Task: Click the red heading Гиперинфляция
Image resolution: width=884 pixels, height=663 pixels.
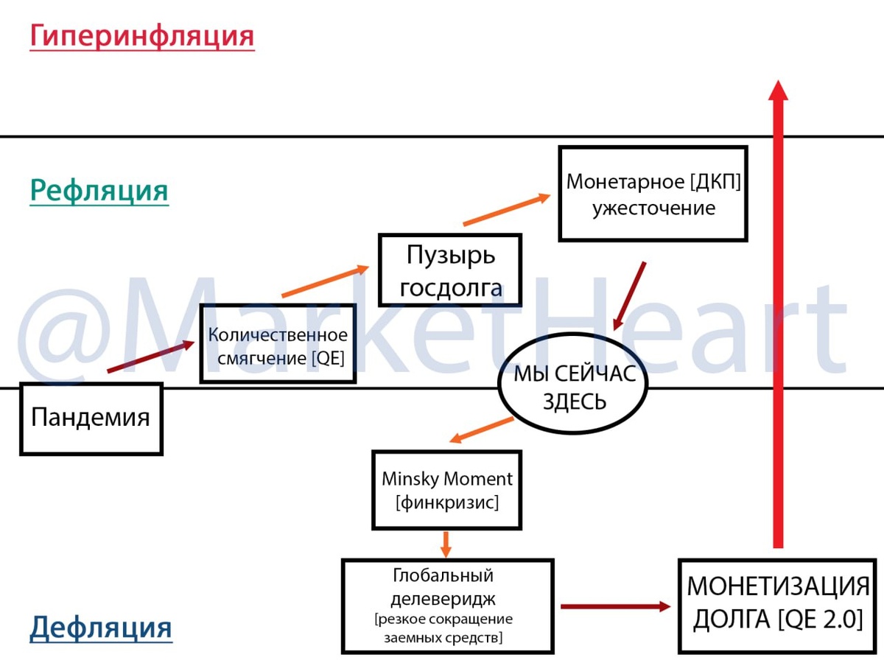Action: (141, 37)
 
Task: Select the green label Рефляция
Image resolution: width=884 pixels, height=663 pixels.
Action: (99, 191)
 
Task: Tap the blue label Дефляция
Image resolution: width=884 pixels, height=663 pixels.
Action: (101, 628)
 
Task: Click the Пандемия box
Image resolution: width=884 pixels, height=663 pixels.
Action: (91, 418)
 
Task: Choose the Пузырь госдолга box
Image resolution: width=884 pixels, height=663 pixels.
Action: (450, 270)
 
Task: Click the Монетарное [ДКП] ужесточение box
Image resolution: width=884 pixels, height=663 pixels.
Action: (653, 194)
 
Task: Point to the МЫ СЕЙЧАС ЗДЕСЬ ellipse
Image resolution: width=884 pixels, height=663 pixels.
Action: (574, 388)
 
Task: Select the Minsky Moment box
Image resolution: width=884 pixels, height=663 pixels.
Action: (446, 490)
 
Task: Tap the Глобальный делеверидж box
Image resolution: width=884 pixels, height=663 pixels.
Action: (447, 606)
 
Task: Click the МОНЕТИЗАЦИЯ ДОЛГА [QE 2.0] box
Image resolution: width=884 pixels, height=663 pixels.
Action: (778, 606)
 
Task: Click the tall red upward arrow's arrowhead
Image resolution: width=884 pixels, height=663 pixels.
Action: (778, 90)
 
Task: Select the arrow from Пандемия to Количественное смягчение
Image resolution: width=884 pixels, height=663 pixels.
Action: (151, 357)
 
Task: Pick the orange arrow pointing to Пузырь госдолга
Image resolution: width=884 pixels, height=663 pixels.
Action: (324, 281)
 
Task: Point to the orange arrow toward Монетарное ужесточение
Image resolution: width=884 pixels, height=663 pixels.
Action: (507, 209)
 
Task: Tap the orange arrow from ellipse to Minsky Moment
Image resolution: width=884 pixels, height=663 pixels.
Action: (481, 430)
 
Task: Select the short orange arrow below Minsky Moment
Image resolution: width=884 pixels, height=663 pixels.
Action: (445, 544)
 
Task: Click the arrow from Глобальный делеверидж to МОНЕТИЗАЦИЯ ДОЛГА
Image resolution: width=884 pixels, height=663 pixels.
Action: (615, 606)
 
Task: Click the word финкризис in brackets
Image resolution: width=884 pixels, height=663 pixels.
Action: (446, 503)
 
